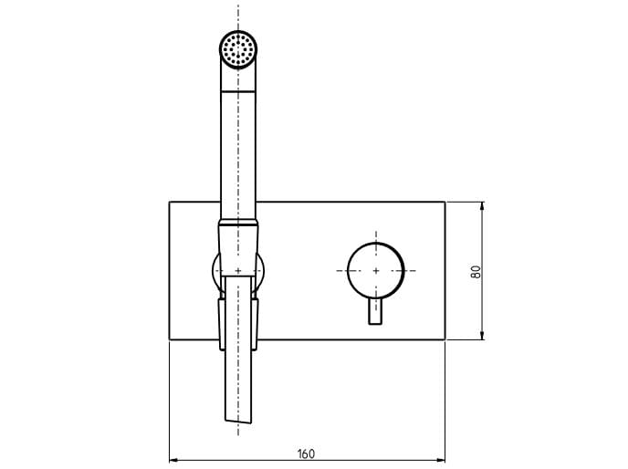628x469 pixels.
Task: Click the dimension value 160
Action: [x=306, y=453]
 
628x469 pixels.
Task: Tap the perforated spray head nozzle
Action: [x=238, y=47]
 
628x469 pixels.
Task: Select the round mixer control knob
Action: [x=375, y=271]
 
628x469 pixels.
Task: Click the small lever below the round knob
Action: [x=375, y=311]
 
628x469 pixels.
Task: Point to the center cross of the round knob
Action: [x=375, y=271]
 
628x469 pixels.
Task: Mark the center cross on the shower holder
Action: [x=238, y=271]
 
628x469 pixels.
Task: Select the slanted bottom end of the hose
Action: [x=238, y=421]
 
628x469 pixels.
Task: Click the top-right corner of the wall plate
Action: [x=444, y=202]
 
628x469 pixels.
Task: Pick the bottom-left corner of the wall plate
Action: [x=170, y=340]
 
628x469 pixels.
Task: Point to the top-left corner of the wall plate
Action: [x=170, y=202]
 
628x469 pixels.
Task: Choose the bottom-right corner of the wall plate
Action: [x=444, y=340]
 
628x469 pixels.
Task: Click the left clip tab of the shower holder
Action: [x=220, y=324]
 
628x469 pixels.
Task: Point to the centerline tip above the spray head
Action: [x=238, y=7]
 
